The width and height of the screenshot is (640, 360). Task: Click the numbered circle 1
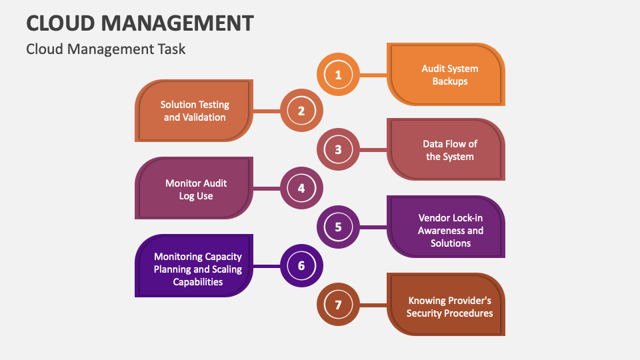coord(338,75)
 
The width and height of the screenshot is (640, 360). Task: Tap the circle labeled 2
coord(301,111)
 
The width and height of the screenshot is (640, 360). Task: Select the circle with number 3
coord(338,149)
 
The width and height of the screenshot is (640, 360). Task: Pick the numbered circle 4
coord(301,189)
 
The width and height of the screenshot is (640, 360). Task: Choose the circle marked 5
coord(338,227)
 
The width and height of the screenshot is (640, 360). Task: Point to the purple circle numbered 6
coord(301,265)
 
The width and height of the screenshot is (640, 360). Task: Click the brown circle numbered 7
coord(338,305)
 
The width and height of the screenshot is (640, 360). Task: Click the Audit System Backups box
coord(447,75)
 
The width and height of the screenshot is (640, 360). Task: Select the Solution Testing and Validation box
coord(194,111)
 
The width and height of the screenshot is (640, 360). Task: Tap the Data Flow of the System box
coord(447,150)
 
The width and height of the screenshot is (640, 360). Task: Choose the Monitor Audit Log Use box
coord(194,189)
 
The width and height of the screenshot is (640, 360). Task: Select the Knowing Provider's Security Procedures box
coord(447,306)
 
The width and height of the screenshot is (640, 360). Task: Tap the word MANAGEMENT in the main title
coord(179,23)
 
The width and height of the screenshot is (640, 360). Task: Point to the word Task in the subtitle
coord(171,49)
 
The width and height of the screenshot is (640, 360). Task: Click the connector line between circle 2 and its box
coord(267,111)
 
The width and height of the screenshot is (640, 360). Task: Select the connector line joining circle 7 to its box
coord(373,305)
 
